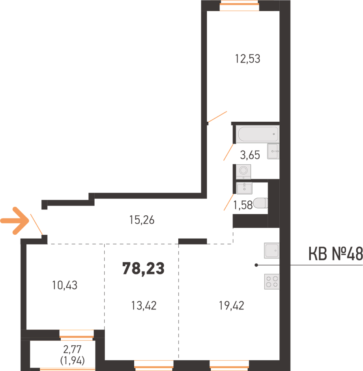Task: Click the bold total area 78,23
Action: click(x=143, y=269)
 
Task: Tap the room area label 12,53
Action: click(x=247, y=59)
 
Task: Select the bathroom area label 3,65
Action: click(x=250, y=155)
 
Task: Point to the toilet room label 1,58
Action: click(x=243, y=205)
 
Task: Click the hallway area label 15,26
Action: click(x=142, y=220)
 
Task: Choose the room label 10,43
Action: click(x=65, y=285)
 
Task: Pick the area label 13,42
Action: click(x=144, y=306)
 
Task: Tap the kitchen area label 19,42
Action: click(x=231, y=306)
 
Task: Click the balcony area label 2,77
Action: click(x=72, y=349)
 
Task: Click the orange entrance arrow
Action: click(x=15, y=221)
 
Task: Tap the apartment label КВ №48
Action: click(x=336, y=254)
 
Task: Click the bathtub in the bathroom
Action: click(x=258, y=134)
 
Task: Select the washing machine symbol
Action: click(x=243, y=172)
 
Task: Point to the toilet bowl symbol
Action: click(x=260, y=203)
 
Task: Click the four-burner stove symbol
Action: click(x=272, y=282)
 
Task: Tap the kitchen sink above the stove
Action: click(x=272, y=250)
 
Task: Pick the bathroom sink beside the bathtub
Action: click(x=273, y=151)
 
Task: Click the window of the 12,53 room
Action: click(x=240, y=6)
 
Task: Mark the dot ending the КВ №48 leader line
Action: click(x=256, y=265)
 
